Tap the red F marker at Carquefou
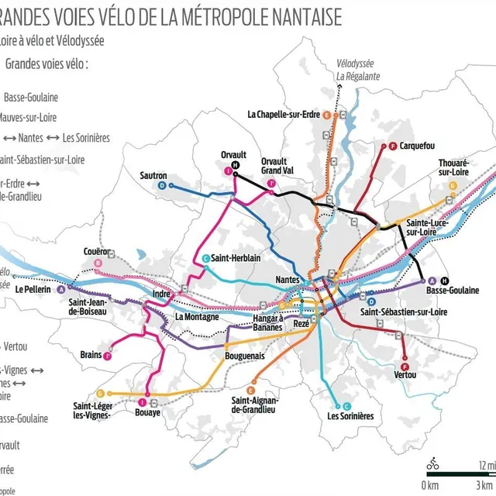coord(393,146)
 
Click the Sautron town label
coord(153,175)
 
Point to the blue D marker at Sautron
coord(162,186)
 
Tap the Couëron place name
coord(97,251)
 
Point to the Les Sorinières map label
coord(350,416)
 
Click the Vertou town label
coord(405,375)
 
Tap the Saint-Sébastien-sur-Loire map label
coord(404,312)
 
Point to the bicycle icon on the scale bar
coord(433,464)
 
